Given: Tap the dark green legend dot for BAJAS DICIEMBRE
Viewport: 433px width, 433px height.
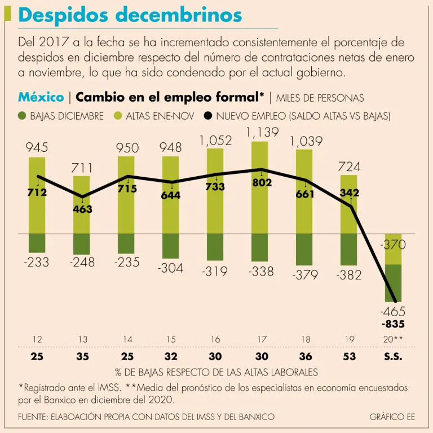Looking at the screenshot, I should (23, 116).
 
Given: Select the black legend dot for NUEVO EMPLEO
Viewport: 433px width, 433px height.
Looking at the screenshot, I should (208, 116).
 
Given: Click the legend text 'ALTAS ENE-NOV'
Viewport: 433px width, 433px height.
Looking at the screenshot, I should (160, 116).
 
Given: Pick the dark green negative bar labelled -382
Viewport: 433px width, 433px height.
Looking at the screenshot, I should (349, 249).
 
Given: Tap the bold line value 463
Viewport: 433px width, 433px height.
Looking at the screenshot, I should (82, 209).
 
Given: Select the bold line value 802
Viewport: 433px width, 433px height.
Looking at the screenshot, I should (262, 183).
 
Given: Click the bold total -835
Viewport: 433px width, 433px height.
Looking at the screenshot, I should (393, 324).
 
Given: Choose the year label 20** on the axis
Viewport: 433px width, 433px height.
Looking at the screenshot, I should (392, 340).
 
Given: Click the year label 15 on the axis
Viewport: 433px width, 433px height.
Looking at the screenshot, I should (171, 340).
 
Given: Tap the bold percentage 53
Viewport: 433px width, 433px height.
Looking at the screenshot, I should (349, 357).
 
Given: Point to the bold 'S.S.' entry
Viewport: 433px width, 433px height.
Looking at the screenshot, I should (392, 357).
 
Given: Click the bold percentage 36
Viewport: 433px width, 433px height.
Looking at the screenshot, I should (305, 357).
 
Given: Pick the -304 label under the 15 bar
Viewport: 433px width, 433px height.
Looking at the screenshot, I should (171, 269).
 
